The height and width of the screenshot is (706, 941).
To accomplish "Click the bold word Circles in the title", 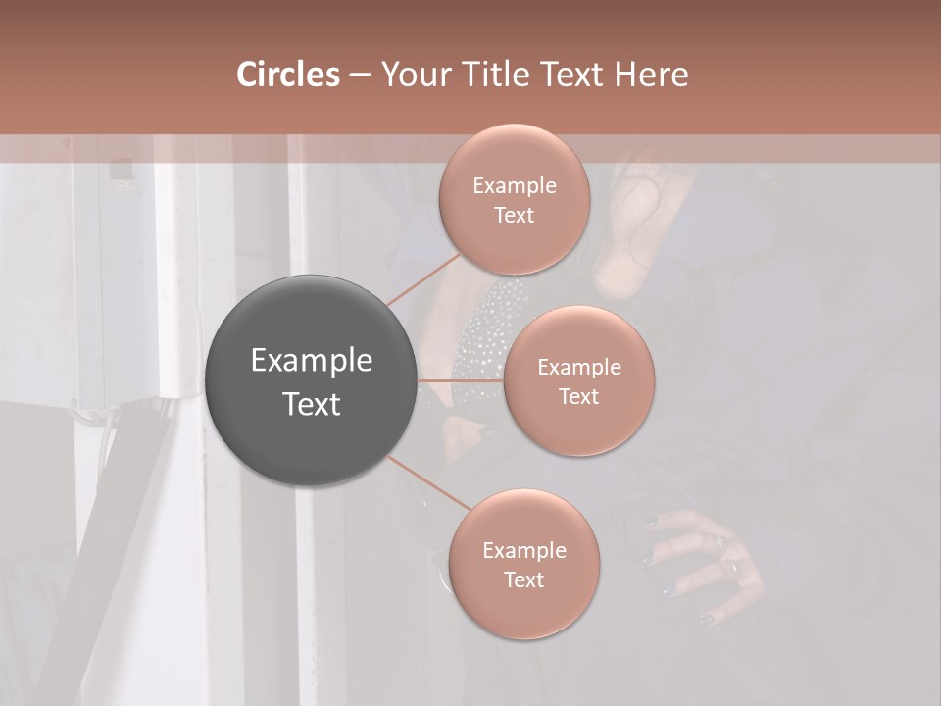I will (287, 75).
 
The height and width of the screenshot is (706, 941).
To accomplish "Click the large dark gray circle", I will (311, 380).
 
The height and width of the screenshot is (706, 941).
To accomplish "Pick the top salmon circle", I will (514, 199).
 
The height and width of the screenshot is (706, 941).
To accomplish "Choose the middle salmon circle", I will (578, 380).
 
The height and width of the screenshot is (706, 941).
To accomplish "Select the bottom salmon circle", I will (523, 564).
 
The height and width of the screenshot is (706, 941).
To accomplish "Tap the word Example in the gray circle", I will (311, 361).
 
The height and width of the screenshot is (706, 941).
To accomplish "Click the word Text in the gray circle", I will (311, 404).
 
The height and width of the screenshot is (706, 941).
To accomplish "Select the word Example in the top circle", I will (514, 186).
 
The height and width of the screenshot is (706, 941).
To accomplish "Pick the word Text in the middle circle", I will (578, 396).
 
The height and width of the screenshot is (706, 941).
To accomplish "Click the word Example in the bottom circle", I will (523, 551).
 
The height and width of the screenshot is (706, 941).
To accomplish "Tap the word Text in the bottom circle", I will (523, 580).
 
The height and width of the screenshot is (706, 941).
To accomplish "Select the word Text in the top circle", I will (514, 216).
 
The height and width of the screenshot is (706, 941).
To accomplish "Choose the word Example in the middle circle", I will (578, 368).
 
